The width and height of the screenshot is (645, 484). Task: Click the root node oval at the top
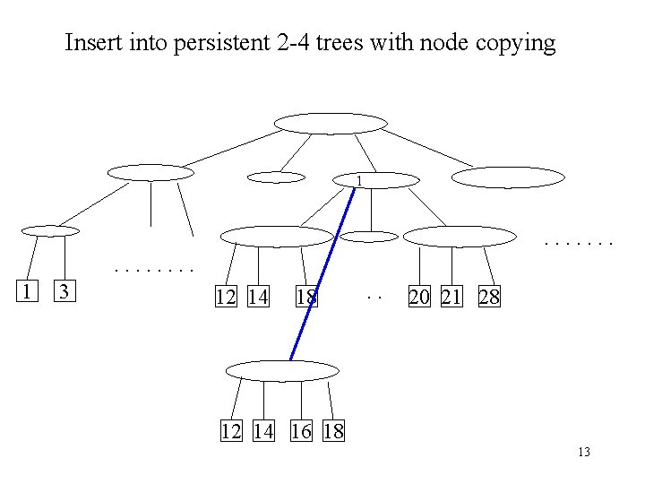(x=330, y=123)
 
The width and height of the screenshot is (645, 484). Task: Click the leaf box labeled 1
(x=29, y=291)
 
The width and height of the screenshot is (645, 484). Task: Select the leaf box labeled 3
(x=64, y=291)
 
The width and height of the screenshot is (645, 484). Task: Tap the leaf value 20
(x=418, y=297)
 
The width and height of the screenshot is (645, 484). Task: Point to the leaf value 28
(x=489, y=297)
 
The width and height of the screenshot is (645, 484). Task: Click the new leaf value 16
(x=301, y=431)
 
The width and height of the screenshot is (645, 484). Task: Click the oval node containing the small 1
(x=375, y=180)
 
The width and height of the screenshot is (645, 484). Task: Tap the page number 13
(x=584, y=452)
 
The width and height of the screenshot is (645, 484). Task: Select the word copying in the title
(x=519, y=43)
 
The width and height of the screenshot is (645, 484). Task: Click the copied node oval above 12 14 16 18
(x=282, y=370)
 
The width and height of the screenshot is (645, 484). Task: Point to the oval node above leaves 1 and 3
(x=50, y=230)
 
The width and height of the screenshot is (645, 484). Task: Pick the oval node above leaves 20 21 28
(x=460, y=236)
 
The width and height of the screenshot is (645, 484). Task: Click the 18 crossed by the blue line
(x=306, y=297)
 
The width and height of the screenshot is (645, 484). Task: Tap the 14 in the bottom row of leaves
(x=263, y=431)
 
